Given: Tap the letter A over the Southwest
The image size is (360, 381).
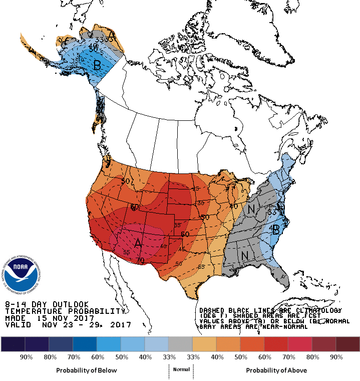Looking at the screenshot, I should [139, 243].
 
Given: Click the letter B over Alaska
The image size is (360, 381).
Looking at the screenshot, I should [97, 64].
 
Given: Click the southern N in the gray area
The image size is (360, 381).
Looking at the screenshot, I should [245, 255].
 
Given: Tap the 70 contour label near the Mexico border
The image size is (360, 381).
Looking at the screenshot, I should [141, 261].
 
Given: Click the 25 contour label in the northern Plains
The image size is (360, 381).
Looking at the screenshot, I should [196, 188].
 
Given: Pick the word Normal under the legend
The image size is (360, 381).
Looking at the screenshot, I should [181, 369].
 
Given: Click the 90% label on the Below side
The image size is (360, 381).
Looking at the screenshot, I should [26, 357].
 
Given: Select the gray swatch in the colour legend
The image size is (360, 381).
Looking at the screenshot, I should [181, 344].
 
